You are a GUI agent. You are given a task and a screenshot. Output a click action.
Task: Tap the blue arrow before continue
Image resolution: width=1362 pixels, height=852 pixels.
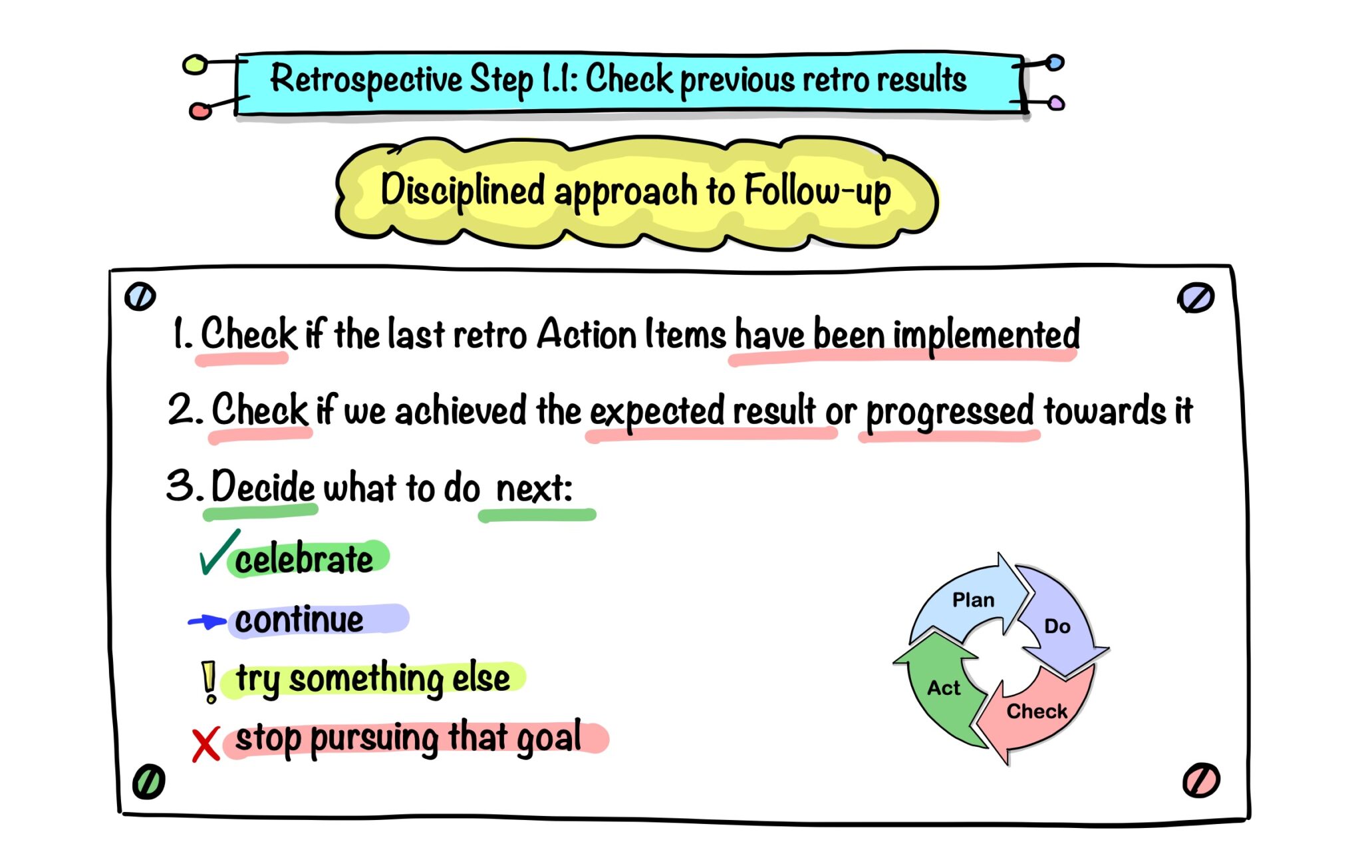coord(207,622)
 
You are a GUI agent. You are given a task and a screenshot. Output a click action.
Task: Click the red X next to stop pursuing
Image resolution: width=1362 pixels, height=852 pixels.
coord(205,745)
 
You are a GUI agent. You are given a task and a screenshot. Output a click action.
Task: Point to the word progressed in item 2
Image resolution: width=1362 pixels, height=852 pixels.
coord(949,411)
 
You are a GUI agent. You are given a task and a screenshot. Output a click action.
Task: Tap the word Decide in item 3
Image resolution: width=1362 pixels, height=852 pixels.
coord(263,487)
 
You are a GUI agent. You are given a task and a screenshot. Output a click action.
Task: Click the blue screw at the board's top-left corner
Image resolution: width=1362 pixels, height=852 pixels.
coord(140,297)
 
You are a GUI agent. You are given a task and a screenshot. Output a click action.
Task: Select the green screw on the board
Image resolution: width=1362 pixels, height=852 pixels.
coord(148,781)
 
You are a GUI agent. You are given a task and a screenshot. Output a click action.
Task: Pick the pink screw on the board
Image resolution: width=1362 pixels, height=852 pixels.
coord(1201,780)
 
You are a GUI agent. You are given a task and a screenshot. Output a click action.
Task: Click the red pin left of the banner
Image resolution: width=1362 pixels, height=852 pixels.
coord(200,110)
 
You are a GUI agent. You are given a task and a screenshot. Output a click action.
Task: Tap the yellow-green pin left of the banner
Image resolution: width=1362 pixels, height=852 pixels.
coord(195,65)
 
